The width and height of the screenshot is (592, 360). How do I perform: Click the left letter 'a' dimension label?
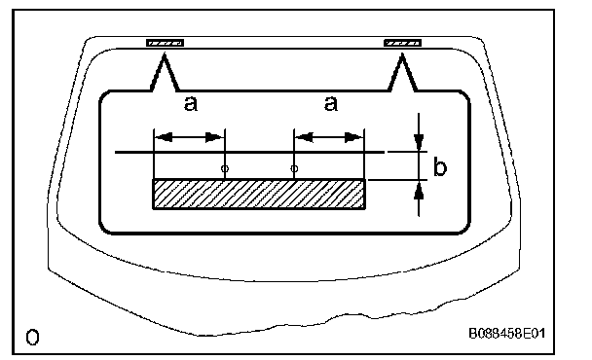(x=191, y=104)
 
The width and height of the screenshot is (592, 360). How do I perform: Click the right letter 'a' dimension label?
(x=331, y=103)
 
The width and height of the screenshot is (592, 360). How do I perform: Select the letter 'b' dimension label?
(x=440, y=166)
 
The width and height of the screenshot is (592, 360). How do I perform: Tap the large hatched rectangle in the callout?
(x=259, y=194)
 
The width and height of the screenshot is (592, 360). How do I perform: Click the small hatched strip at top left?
(x=165, y=43)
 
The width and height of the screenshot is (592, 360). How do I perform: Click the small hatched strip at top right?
(x=402, y=43)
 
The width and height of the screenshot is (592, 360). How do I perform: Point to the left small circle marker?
(x=225, y=168)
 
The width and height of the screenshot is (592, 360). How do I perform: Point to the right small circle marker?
(x=294, y=168)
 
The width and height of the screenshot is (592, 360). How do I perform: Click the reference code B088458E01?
(x=507, y=334)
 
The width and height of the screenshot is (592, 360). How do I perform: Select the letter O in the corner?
(x=32, y=337)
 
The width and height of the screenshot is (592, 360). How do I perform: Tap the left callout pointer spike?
(x=165, y=72)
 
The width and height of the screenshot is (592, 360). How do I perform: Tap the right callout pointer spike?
(x=402, y=72)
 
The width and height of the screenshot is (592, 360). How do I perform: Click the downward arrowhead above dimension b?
(x=419, y=142)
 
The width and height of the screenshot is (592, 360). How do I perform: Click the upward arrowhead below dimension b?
(x=419, y=190)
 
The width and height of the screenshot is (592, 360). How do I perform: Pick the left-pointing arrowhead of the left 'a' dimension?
(x=164, y=137)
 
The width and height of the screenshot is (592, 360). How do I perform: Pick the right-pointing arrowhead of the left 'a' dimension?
(x=214, y=137)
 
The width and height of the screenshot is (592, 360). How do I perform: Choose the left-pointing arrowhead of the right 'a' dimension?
(x=305, y=137)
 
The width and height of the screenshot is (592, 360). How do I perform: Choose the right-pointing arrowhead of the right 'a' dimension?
(x=354, y=137)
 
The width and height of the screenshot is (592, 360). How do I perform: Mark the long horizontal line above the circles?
(x=250, y=152)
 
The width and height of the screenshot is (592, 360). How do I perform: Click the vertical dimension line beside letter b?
(x=419, y=164)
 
